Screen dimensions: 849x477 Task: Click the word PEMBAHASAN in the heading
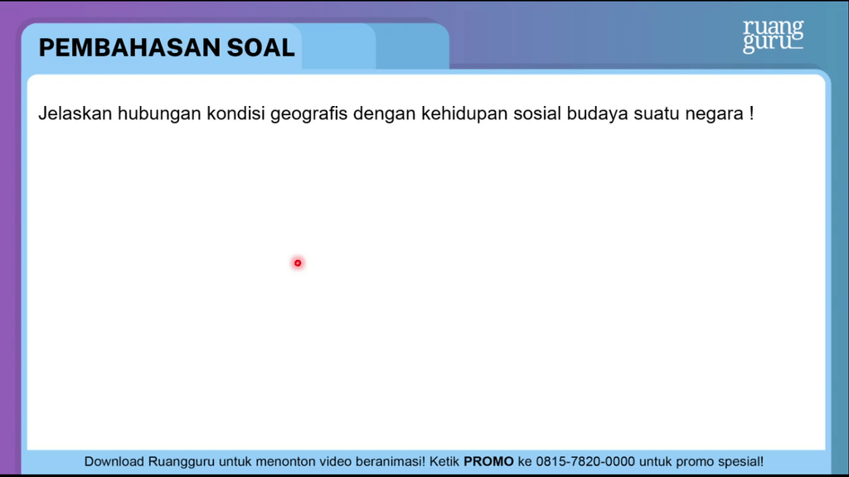(129, 47)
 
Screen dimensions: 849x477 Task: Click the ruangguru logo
(774, 36)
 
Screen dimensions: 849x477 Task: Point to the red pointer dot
(298, 263)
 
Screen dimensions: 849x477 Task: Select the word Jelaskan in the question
(75, 113)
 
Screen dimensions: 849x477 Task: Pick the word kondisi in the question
(235, 113)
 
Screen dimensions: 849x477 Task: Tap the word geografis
(308, 114)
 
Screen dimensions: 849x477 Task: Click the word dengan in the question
(385, 114)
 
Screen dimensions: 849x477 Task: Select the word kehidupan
(464, 114)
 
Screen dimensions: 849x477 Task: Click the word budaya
(597, 114)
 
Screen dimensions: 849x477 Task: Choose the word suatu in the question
(657, 113)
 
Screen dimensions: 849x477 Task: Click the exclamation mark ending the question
(751, 113)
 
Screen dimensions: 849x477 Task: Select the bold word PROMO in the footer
(488, 461)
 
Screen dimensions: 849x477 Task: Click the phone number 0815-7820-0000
(585, 461)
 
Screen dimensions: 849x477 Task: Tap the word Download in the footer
(114, 461)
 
